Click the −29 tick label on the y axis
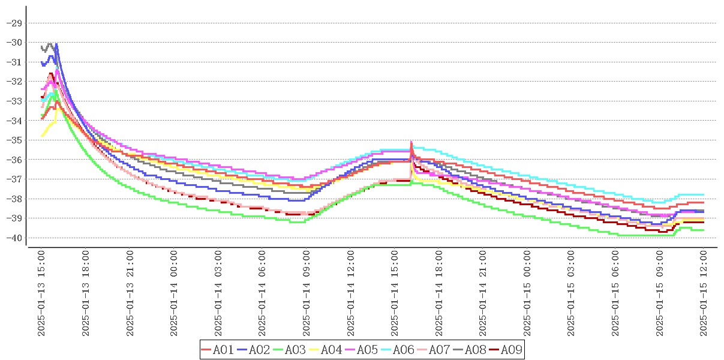coord(13,23)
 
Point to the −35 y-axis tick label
coord(13,140)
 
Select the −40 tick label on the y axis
coord(13,238)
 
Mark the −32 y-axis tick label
coord(13,82)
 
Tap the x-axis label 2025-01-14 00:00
coord(174,294)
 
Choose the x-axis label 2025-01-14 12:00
coord(351,294)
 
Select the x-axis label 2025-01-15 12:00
coord(704,294)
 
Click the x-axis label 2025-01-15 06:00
coord(616,294)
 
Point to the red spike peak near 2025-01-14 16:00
coord(411,142)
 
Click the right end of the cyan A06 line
coord(703,194)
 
